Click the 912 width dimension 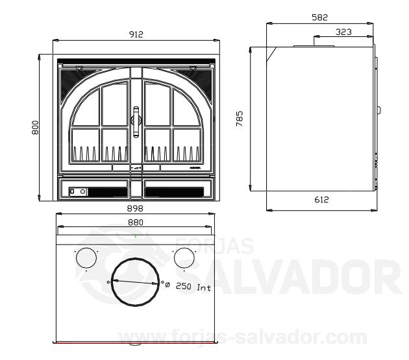(x=135, y=34)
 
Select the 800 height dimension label (x=35, y=127)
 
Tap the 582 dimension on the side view (x=320, y=17)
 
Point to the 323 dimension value (x=345, y=31)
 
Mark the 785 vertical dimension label (x=240, y=119)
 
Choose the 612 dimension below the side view (x=321, y=200)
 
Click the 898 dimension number (x=135, y=209)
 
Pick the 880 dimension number (x=135, y=222)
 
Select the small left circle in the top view (x=86, y=259)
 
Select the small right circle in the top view (x=183, y=259)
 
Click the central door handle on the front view (x=136, y=121)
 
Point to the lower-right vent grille (x=174, y=192)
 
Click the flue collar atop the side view (x=315, y=45)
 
